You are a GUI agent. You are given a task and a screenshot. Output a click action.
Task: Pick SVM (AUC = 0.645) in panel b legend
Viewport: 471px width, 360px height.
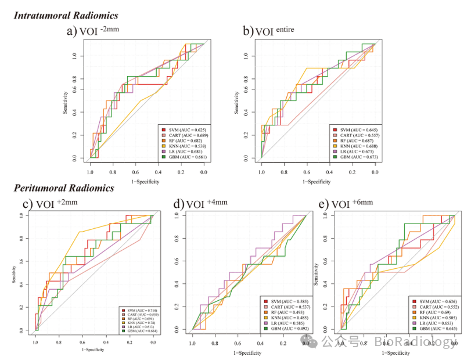[x=358, y=129]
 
